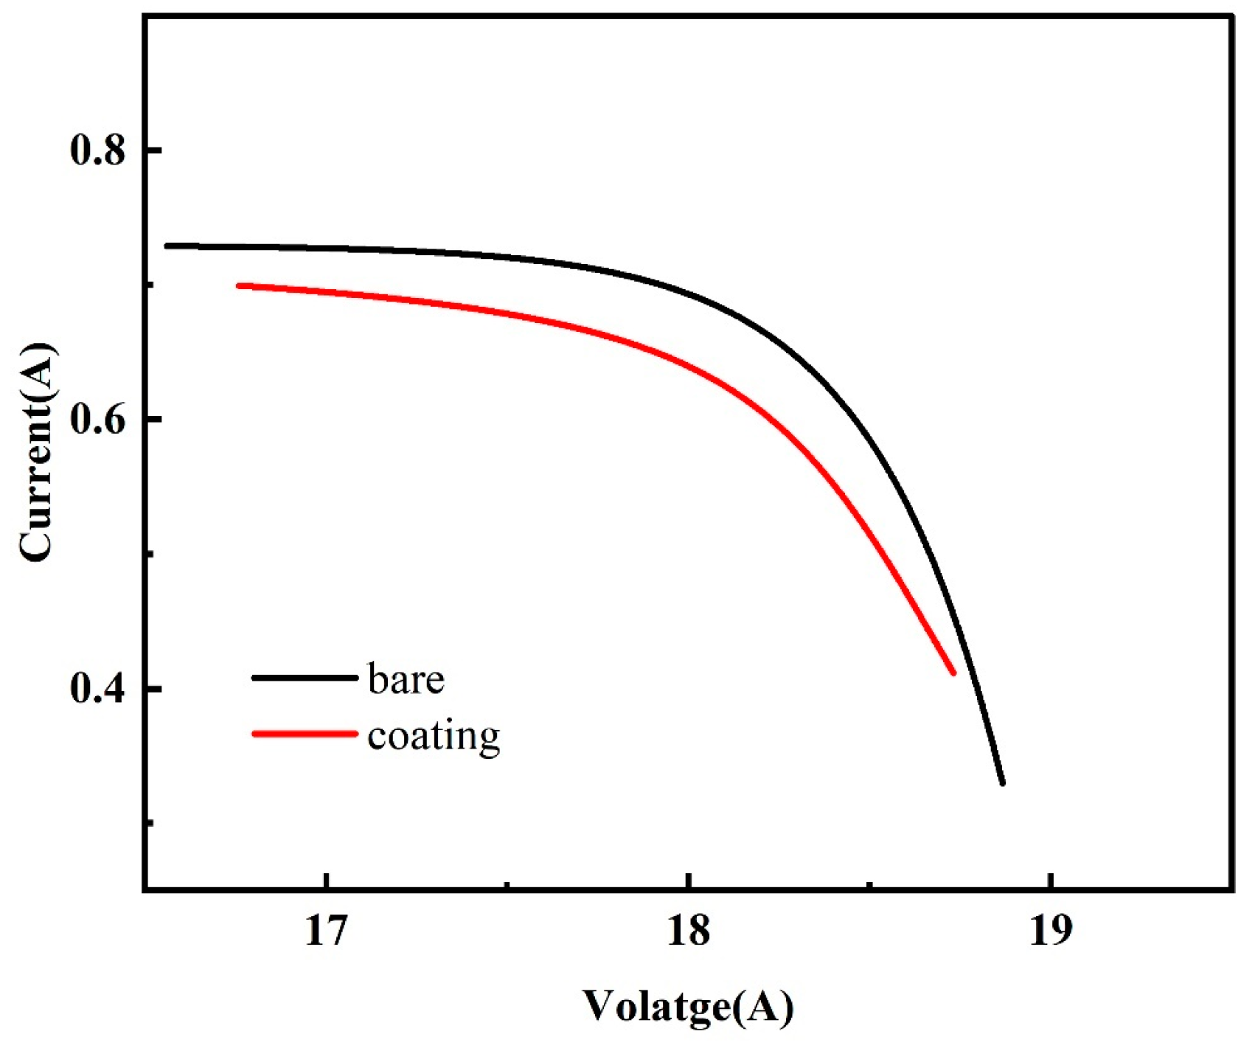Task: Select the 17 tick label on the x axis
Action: (326, 931)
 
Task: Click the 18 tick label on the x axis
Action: (688, 931)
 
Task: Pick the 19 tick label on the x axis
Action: (1050, 931)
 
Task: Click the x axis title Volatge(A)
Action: (688, 1006)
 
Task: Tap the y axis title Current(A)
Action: (37, 451)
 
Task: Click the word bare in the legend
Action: (406, 679)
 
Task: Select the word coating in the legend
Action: (434, 736)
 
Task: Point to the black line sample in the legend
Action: (304, 677)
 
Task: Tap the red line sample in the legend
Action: (304, 734)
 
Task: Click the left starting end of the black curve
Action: (167, 245)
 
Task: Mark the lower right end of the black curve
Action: (1002, 783)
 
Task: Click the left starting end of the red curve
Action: (238, 285)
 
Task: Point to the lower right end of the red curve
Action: (953, 673)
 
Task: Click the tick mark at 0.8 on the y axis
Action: (153, 150)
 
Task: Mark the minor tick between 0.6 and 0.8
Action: (150, 285)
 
